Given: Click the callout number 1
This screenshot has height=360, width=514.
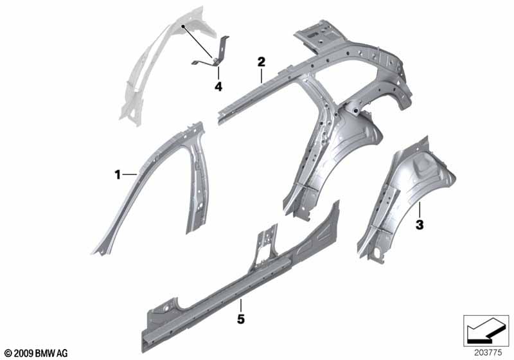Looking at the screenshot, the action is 118,175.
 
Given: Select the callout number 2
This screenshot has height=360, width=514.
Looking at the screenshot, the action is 261,62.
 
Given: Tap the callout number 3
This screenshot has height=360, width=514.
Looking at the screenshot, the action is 420,225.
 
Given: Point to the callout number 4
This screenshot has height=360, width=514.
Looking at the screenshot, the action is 218,87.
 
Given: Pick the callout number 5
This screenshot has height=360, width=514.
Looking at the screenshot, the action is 241,319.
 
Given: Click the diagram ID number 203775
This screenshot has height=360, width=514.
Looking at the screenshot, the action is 488,353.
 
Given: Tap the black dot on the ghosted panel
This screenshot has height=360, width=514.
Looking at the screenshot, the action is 183,26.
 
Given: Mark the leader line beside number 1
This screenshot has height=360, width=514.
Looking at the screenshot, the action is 130,175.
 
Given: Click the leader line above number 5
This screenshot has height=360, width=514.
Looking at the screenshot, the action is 241,305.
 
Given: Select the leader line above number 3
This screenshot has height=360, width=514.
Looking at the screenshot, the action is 420,210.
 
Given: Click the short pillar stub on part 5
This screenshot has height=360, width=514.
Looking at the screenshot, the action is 267,244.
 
